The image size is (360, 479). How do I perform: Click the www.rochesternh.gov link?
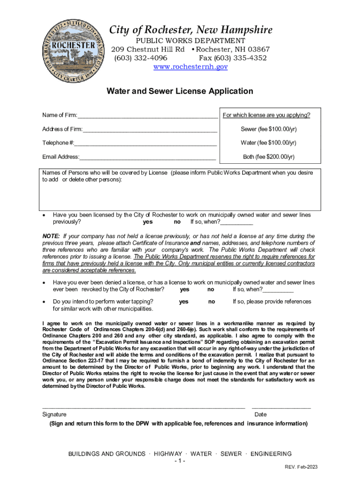pos(191,67)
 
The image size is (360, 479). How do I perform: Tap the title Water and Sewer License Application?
pos(180,91)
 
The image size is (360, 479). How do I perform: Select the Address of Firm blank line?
pos(150,130)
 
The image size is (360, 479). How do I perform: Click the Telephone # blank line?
pos(145,144)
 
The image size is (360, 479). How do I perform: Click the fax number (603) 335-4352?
pos(233,58)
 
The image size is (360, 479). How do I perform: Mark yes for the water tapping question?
pos(184,302)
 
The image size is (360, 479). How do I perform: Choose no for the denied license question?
pos(211,290)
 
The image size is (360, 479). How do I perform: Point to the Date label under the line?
pos(260,414)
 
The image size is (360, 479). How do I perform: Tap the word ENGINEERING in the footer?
pos(271,454)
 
